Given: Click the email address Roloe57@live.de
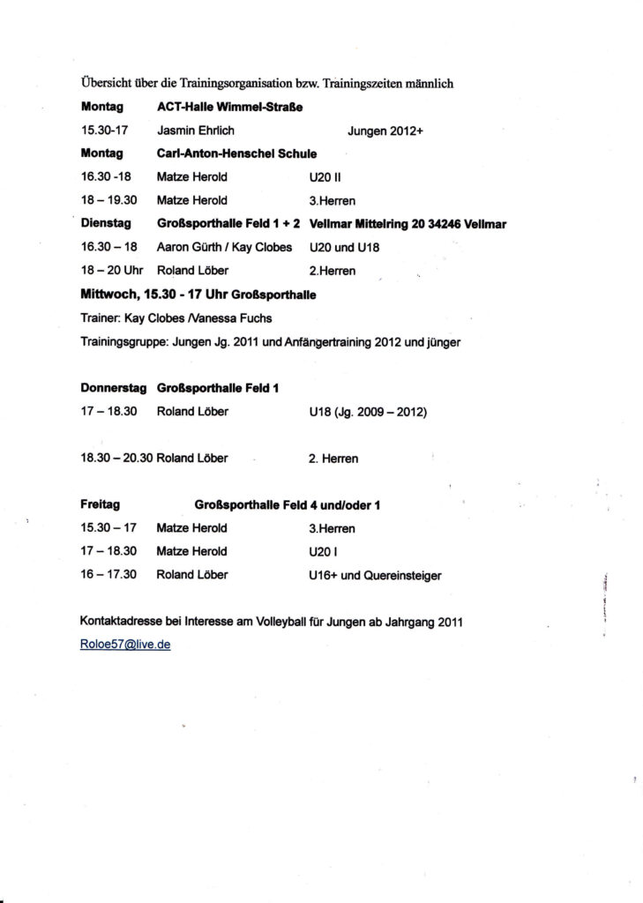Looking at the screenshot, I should pyautogui.click(x=125, y=645).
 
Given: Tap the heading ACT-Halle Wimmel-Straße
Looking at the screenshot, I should pyautogui.click(x=229, y=108).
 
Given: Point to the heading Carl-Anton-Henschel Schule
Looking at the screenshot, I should pyautogui.click(x=236, y=153).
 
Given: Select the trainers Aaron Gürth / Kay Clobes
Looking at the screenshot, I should pyautogui.click(x=224, y=247).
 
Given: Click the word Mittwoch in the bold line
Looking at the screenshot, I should pyautogui.click(x=108, y=294).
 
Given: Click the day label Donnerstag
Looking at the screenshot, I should pyautogui.click(x=112, y=387).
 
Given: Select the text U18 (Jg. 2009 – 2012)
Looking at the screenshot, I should pyautogui.click(x=363, y=411).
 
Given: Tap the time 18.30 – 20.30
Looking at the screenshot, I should pyautogui.click(x=117, y=459).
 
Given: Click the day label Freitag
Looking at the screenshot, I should pyautogui.click(x=100, y=505).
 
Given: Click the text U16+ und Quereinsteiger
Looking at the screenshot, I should pyautogui.click(x=370, y=575).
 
